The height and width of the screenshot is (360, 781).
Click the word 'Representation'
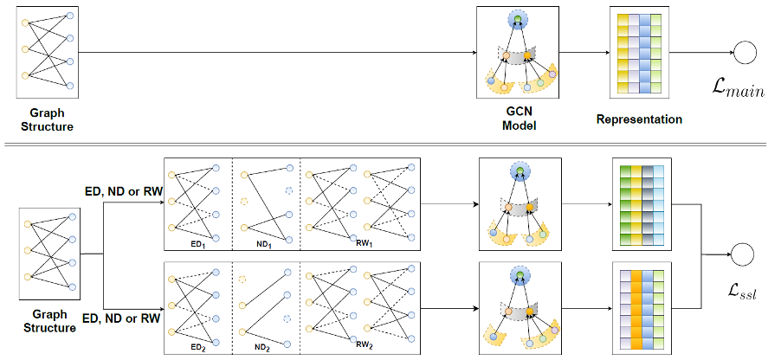[639, 119]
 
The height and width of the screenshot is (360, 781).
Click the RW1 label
[363, 243]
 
